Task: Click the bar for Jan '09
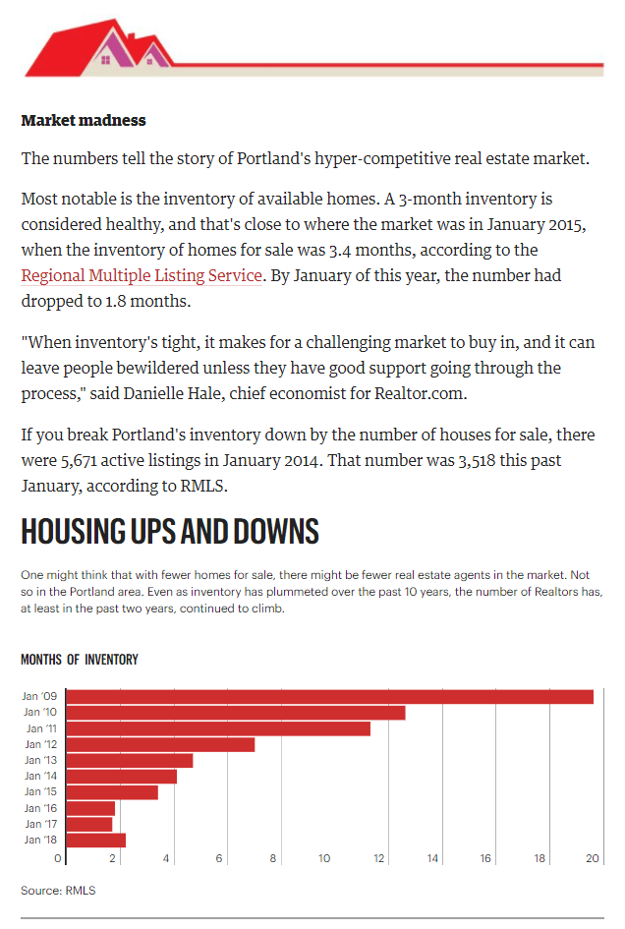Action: pyautogui.click(x=330, y=697)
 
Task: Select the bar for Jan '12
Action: pyautogui.click(x=160, y=744)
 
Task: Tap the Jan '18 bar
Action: pyautogui.click(x=96, y=841)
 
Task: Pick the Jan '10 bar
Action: pyautogui.click(x=236, y=712)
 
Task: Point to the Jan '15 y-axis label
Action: pyautogui.click(x=40, y=791)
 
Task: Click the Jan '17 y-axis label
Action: pyautogui.click(x=41, y=824)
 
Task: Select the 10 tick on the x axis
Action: pyautogui.click(x=324, y=858)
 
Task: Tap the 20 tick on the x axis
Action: pyautogui.click(x=593, y=858)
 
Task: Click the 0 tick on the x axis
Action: pyautogui.click(x=57, y=858)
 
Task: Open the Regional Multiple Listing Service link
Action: pyautogui.click(x=142, y=275)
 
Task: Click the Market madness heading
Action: pyautogui.click(x=84, y=120)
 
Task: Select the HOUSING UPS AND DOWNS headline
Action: pyautogui.click(x=170, y=531)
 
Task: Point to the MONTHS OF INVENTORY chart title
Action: pyautogui.click(x=80, y=660)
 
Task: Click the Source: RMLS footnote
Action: pyautogui.click(x=58, y=891)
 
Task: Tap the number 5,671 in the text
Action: pyautogui.click(x=79, y=461)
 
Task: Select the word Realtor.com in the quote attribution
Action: pyautogui.click(x=421, y=393)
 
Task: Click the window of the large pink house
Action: pyautogui.click(x=106, y=59)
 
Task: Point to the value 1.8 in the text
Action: pyautogui.click(x=116, y=301)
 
